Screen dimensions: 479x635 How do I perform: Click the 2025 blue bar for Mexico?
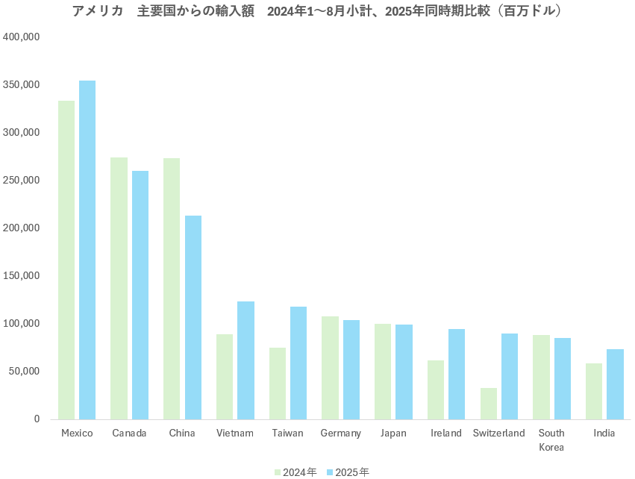(87, 250)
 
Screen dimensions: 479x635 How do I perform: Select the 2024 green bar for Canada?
(119, 288)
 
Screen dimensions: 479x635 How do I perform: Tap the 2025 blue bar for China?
(193, 317)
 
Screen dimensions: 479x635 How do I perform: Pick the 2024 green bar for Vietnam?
(225, 377)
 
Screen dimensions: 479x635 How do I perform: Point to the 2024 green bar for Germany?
(330, 368)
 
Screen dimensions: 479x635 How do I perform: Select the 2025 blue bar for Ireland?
(457, 374)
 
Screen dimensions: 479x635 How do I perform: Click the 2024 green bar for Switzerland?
(489, 404)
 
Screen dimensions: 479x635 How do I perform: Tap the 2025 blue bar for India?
(615, 384)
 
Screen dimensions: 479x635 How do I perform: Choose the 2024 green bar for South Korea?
(541, 377)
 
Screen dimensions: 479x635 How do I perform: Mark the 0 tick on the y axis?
(36, 419)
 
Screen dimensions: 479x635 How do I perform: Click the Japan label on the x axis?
(393, 433)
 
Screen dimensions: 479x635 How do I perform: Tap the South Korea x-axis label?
(551, 440)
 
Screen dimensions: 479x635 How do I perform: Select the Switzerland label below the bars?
(498, 433)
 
